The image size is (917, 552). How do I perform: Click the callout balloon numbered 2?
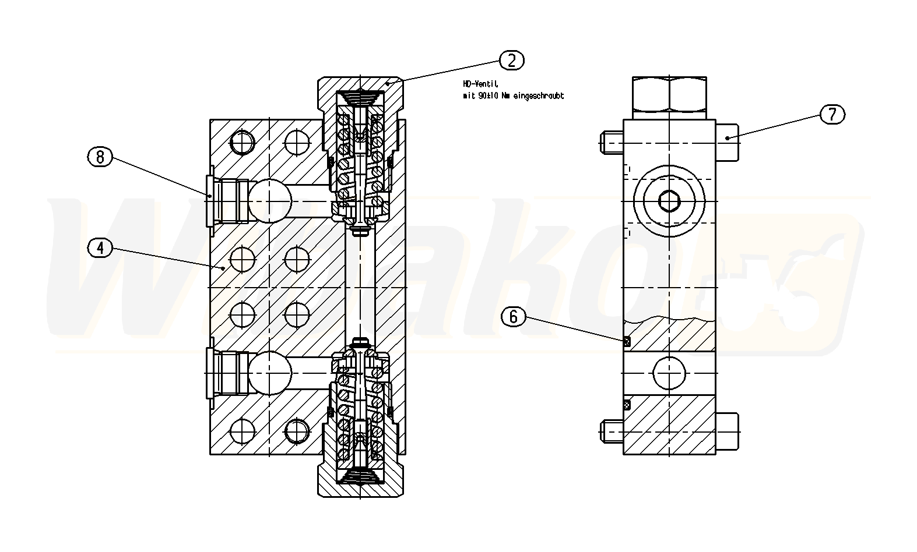point(512,60)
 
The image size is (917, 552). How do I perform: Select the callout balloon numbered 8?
point(100,157)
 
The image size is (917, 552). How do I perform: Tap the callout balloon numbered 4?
point(100,247)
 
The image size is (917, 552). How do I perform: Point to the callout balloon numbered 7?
point(832,114)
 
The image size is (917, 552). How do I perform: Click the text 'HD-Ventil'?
point(476,84)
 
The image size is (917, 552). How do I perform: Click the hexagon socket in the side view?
point(670,201)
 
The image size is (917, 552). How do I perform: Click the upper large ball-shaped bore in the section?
point(270,199)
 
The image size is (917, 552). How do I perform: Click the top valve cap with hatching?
point(360,85)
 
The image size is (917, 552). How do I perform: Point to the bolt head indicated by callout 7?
point(727,142)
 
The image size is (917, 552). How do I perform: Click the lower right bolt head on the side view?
point(727,431)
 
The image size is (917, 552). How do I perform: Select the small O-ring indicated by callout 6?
point(627,342)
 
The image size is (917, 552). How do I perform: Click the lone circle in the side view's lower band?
point(669,373)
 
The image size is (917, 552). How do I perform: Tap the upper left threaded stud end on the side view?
point(612,141)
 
